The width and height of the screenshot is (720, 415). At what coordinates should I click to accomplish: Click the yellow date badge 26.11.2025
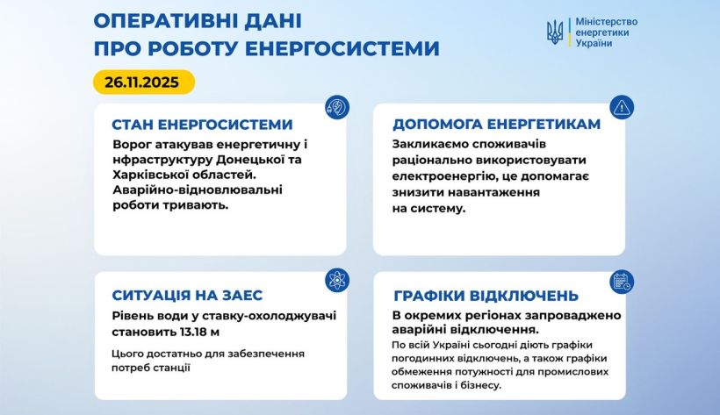pyautogui.click(x=144, y=82)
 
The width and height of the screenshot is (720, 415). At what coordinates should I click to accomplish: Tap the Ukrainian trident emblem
pyautogui.click(x=555, y=32)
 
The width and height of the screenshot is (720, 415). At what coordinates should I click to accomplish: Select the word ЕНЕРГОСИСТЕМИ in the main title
pyautogui.click(x=342, y=48)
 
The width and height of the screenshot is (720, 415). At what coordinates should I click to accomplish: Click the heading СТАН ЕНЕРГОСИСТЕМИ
pyautogui.click(x=202, y=125)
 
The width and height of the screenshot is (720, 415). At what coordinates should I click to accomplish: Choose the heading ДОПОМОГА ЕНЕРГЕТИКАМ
pyautogui.click(x=496, y=124)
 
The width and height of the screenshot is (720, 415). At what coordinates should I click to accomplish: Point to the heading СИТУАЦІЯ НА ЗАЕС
pyautogui.click(x=187, y=295)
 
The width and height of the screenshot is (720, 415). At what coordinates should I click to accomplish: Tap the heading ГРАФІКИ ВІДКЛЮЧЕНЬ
pyautogui.click(x=486, y=295)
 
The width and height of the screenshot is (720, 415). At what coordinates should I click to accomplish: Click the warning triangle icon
pyautogui.click(x=622, y=107)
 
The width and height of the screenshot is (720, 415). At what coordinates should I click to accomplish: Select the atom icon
pyautogui.click(x=337, y=280)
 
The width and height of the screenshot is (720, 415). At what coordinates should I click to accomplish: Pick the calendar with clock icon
pyautogui.click(x=622, y=282)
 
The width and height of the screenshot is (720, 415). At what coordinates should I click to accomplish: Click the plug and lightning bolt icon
pyautogui.click(x=337, y=107)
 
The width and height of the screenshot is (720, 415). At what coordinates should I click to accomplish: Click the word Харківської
pyautogui.click(x=145, y=175)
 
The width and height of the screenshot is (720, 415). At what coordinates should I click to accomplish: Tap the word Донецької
pyautogui.click(x=251, y=160)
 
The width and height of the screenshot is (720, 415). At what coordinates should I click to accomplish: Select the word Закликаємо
pyautogui.click(x=423, y=144)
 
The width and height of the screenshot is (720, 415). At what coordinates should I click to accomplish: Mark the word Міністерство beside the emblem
pyautogui.click(x=607, y=22)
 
